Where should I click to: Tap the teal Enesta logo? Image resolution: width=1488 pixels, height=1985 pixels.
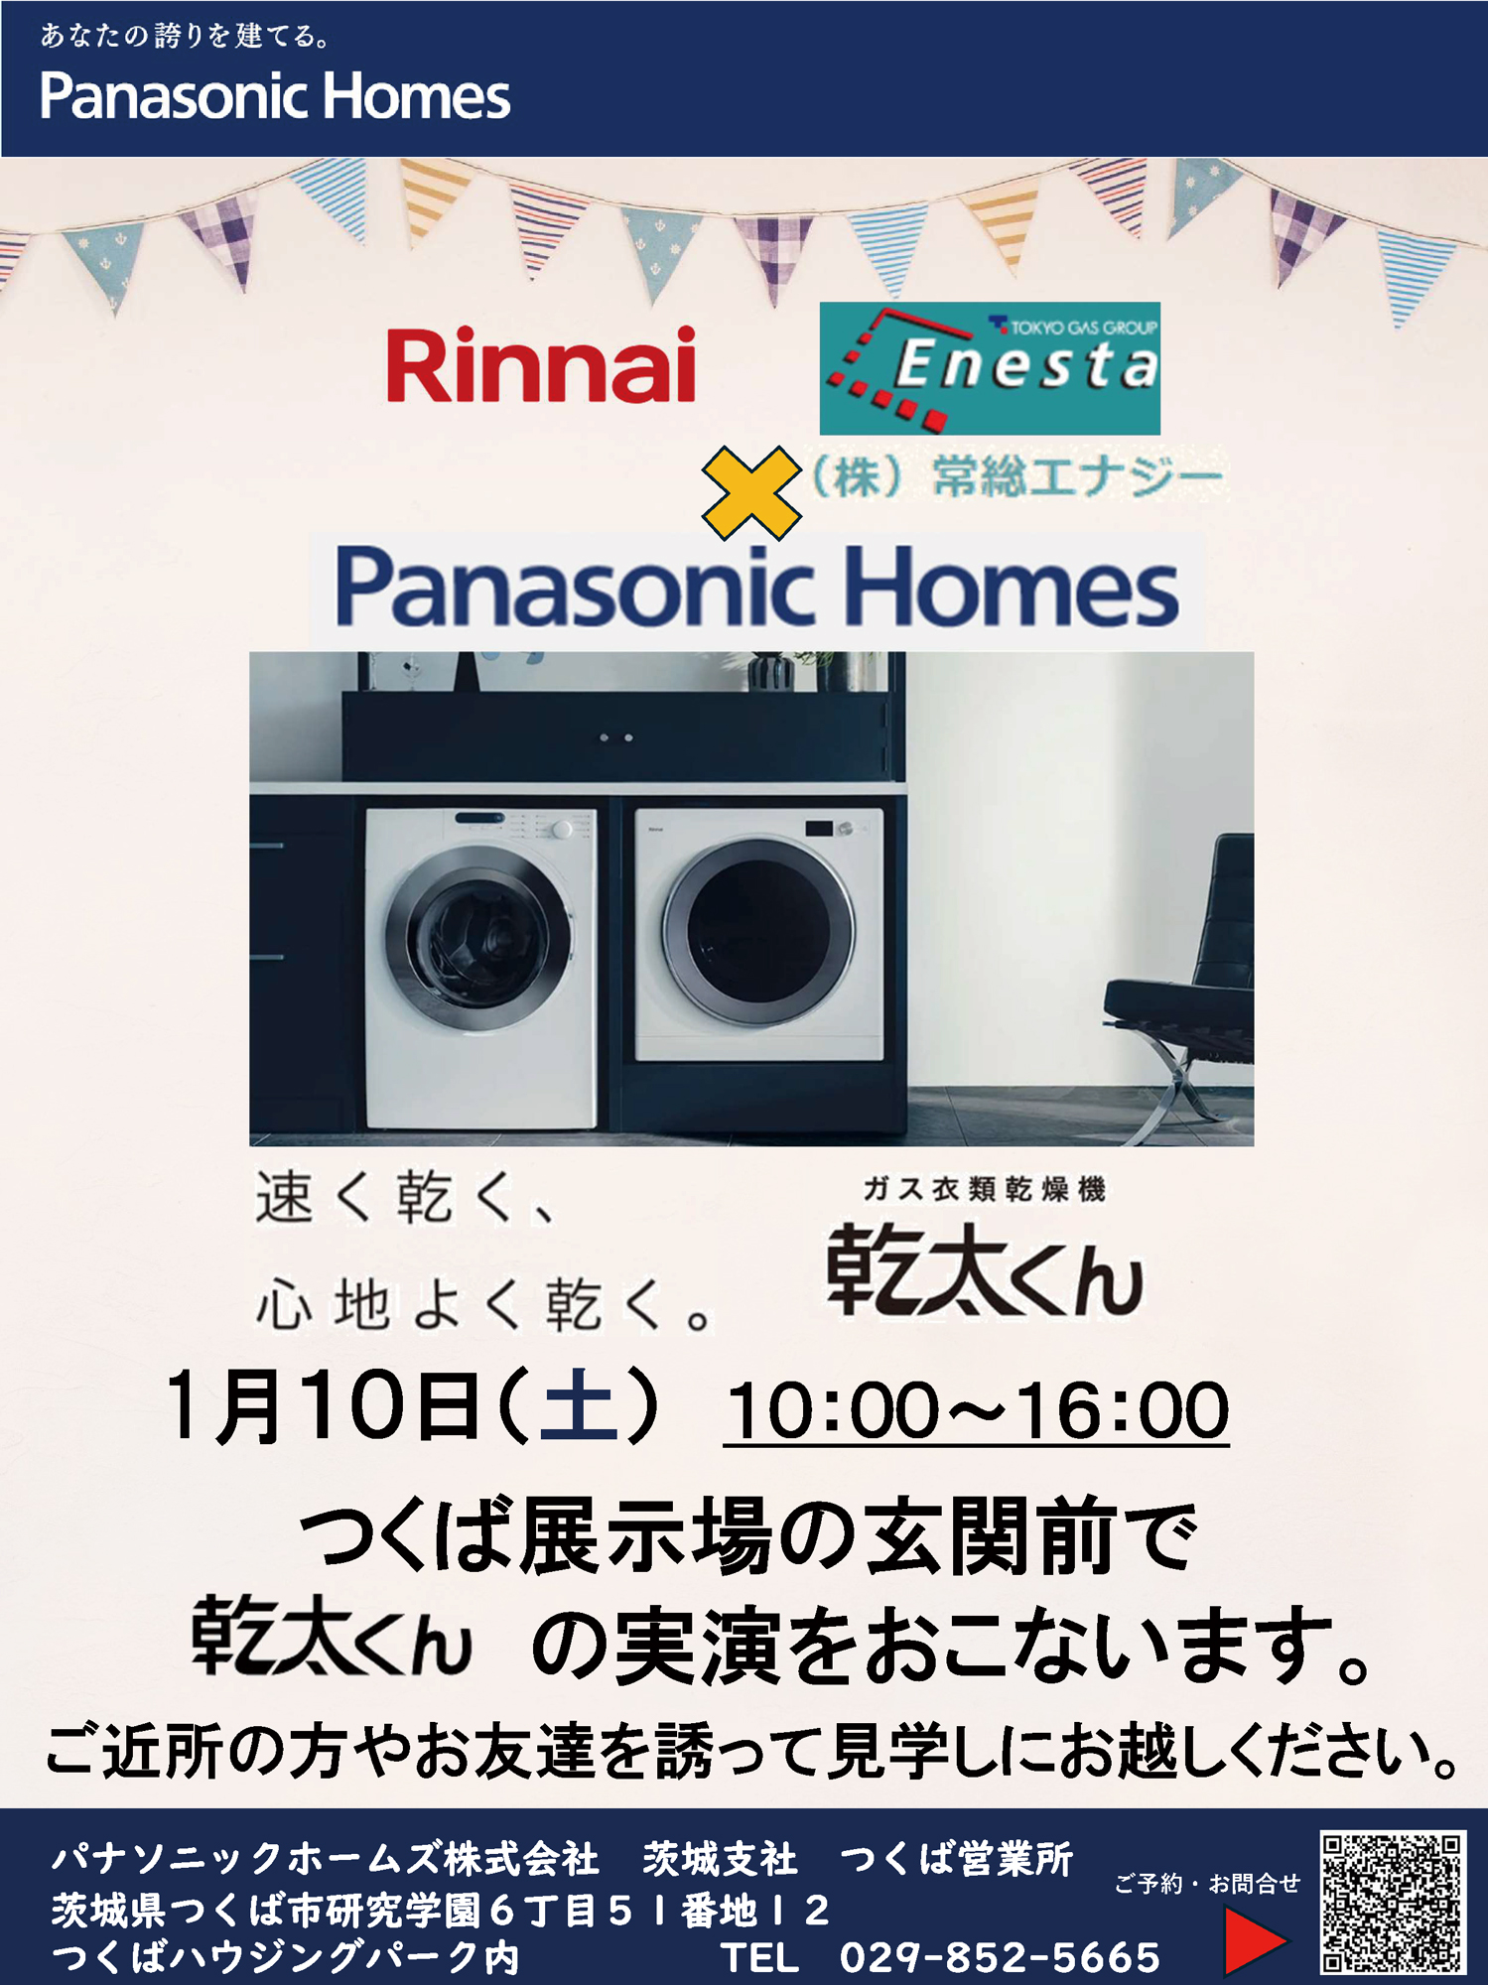coord(990,368)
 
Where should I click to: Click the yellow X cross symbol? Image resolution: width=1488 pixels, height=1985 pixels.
coord(751,493)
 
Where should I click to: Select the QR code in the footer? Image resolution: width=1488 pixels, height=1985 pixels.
coord(1392,1903)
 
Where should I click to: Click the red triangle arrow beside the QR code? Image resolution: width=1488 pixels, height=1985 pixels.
coord(1254,1940)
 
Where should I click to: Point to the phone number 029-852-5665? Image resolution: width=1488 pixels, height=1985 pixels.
coord(1000,1957)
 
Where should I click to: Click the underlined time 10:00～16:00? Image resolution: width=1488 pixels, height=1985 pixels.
coord(977,1410)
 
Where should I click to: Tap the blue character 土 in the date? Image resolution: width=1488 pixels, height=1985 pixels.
coord(579,1406)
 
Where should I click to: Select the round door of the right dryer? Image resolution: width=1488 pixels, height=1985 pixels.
coord(759,936)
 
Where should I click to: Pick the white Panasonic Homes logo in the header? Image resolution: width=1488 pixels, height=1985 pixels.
coord(275,96)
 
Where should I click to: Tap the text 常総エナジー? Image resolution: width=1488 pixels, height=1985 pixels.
coord(1077,477)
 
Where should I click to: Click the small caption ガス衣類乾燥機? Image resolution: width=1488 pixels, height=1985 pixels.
coord(984,1189)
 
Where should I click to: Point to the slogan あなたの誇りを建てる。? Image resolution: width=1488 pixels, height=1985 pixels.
coord(185,37)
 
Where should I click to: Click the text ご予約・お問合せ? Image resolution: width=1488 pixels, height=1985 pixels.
coord(1207,1883)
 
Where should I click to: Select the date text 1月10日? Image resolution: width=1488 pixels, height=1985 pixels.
coord(324,1406)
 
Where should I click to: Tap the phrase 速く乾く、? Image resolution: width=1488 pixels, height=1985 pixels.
coord(406,1198)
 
